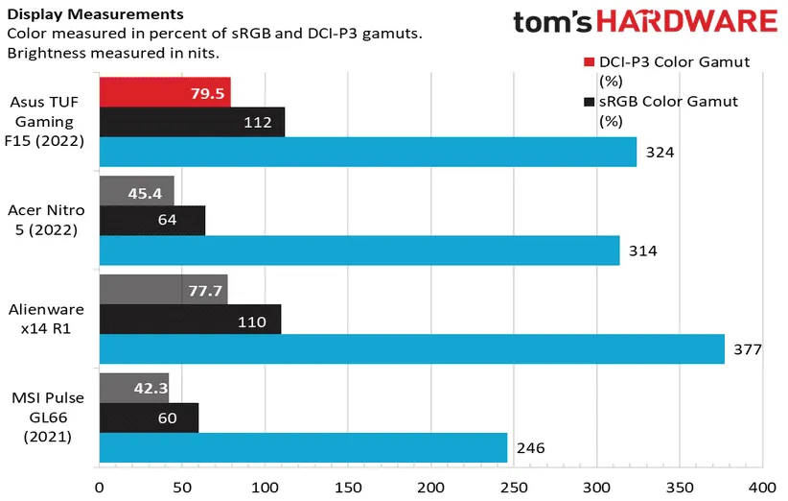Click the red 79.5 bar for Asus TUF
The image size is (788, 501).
tap(165, 93)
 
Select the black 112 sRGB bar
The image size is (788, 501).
tap(192, 122)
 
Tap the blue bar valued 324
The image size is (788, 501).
tap(367, 152)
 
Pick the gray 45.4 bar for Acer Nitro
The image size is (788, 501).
tap(137, 191)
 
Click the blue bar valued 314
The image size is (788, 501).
tap(359, 250)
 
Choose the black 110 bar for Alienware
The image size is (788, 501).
tap(190, 320)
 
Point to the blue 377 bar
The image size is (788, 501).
tap(411, 348)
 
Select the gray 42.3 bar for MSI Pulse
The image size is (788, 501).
tap(134, 389)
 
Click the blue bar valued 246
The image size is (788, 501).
tap(302, 447)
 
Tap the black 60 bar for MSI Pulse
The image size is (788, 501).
tap(149, 417)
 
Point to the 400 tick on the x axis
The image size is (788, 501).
tap(762, 487)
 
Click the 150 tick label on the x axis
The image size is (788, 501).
tap(348, 487)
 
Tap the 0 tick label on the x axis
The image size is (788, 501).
tap(99, 487)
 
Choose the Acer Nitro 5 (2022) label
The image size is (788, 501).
tap(47, 220)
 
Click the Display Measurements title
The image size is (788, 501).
tap(82, 14)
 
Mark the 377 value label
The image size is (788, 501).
tap(748, 348)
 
